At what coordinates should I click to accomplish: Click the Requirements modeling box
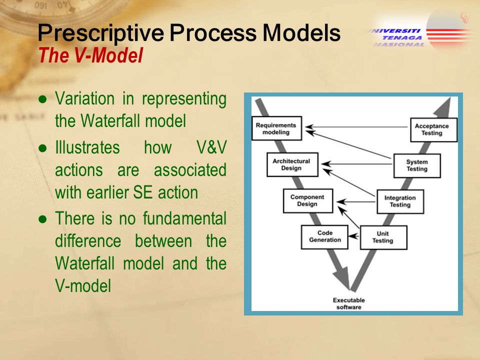(x=276, y=128)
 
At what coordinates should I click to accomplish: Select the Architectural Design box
(x=292, y=164)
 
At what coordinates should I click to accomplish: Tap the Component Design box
(x=308, y=200)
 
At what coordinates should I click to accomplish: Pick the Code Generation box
(x=325, y=237)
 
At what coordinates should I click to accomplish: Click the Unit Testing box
(x=383, y=237)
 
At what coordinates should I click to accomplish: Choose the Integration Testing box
(x=400, y=201)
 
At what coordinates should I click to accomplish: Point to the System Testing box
(x=417, y=165)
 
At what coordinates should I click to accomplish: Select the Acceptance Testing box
(x=433, y=130)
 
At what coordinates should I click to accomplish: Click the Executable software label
(x=349, y=303)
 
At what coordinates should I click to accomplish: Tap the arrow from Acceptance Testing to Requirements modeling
(x=356, y=126)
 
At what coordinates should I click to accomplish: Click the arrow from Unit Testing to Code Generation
(x=354, y=236)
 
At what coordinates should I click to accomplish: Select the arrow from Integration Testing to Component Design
(x=356, y=201)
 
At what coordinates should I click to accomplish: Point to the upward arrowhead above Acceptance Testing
(x=444, y=107)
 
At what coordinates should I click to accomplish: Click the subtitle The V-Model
(x=90, y=55)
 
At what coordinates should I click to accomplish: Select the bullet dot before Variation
(x=43, y=99)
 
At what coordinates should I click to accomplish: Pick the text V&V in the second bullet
(x=211, y=147)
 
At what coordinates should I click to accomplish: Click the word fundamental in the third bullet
(x=184, y=218)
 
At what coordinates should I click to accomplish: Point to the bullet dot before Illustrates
(x=43, y=148)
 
